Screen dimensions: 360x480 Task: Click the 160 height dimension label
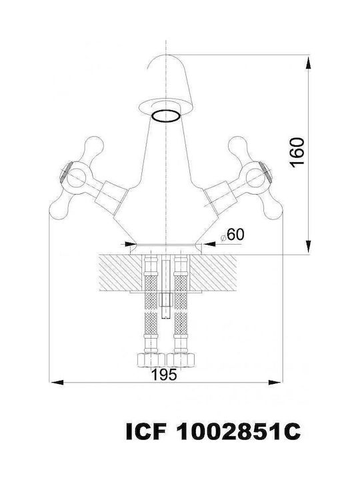point(297,153)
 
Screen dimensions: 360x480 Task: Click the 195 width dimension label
point(165,375)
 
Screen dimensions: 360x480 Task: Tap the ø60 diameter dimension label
point(233,235)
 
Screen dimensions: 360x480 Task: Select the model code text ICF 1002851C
point(213,431)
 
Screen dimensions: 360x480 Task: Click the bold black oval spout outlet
point(165,116)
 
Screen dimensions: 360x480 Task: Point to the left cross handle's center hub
point(75,178)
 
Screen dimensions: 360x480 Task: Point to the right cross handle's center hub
point(255,178)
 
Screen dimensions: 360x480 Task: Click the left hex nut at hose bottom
point(150,360)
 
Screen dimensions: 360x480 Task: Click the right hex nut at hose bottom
point(181,360)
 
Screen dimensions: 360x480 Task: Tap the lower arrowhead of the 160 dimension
point(308,247)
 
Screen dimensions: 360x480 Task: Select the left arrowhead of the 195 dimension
point(57,383)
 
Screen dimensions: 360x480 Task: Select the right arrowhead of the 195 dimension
point(275,383)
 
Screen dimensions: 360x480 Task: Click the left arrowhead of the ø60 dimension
point(129,244)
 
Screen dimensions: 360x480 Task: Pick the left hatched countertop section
point(120,272)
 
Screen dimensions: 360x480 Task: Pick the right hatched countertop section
point(213,272)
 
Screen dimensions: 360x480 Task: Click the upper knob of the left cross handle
point(94,145)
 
